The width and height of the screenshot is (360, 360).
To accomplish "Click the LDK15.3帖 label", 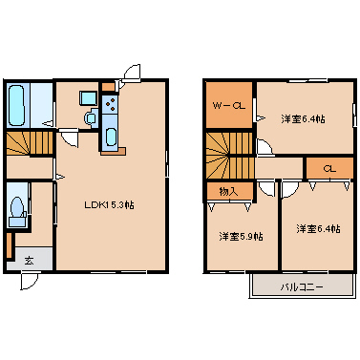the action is [109, 205].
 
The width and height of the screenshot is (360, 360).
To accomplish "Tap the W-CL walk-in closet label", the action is [229, 106].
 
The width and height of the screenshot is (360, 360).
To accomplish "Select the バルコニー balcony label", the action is [302, 287].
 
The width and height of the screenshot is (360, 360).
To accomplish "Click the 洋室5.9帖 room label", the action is [241, 237].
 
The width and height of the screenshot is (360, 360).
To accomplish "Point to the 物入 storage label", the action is [229, 192].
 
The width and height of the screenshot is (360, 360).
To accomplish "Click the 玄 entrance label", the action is [30, 261].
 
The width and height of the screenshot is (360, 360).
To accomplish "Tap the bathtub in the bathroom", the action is [16, 105].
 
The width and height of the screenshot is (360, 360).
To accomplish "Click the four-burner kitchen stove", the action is [111, 104].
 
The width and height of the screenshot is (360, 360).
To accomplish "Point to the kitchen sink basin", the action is [111, 137].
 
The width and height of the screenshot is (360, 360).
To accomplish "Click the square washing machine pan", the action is [88, 98].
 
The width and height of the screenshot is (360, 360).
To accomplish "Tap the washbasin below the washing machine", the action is [92, 118].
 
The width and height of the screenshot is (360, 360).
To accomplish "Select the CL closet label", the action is [329, 169].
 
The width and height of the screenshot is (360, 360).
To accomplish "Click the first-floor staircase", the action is [30, 143].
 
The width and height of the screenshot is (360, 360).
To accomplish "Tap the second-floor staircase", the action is [229, 155].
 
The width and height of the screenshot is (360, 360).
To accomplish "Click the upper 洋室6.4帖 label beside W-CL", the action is [303, 119].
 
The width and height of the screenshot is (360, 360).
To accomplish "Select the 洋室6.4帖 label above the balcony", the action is [318, 229].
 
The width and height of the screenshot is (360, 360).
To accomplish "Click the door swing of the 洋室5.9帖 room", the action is [266, 189].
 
